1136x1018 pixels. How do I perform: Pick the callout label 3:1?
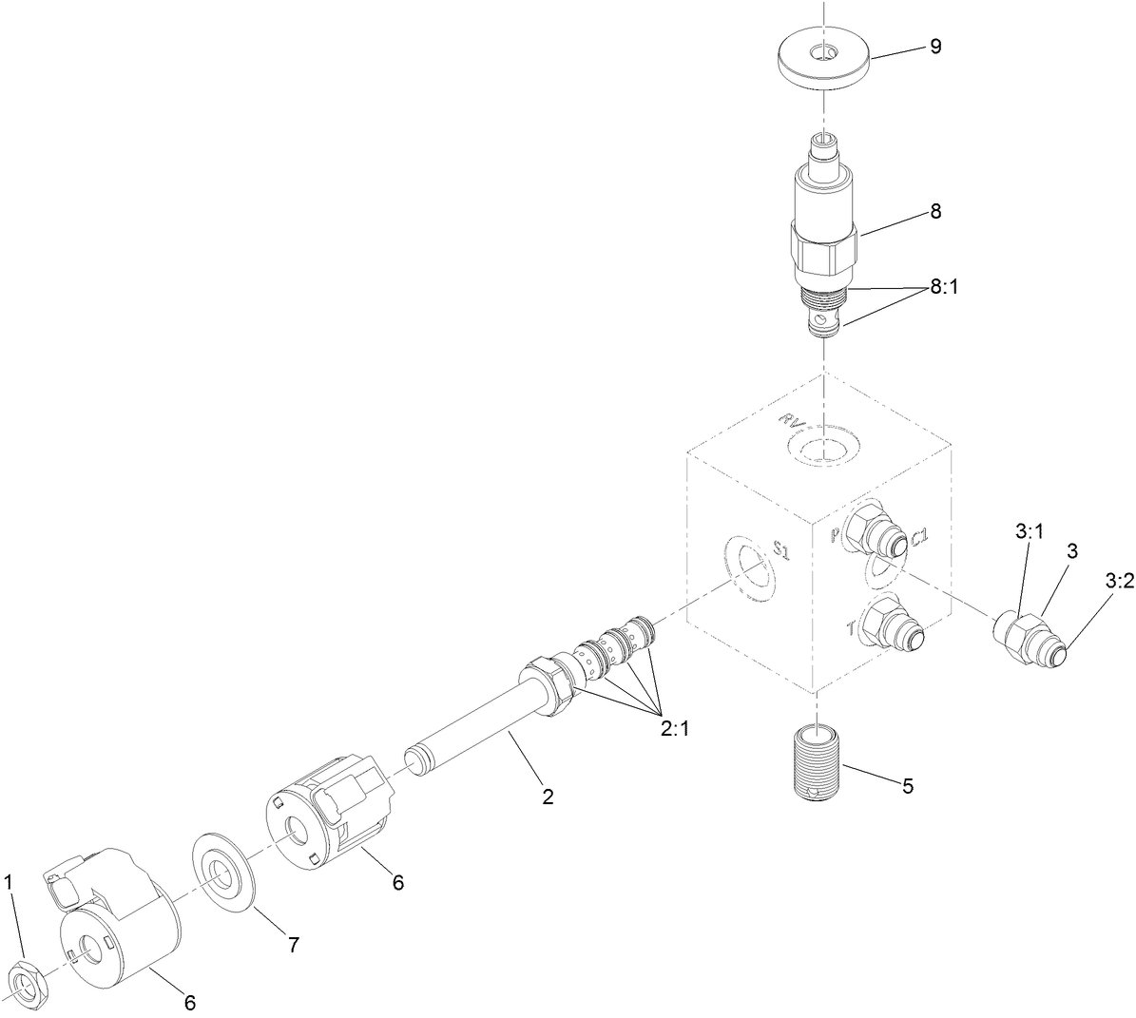click(1029, 533)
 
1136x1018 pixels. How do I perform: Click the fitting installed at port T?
click(889, 629)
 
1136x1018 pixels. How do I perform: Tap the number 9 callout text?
click(935, 48)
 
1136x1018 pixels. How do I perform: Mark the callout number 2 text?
click(547, 797)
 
